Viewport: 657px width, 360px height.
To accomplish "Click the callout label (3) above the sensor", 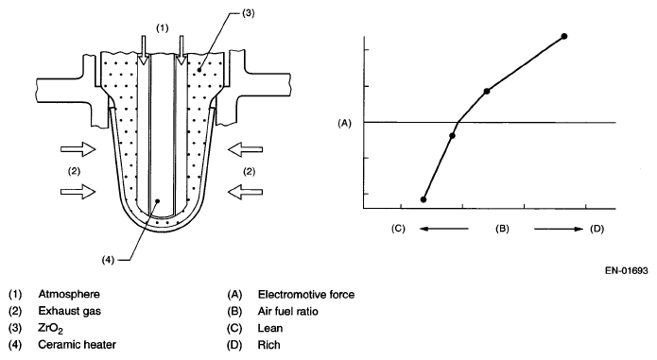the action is pos(249,13).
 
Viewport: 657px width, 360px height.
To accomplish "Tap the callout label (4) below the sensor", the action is pos(108,260).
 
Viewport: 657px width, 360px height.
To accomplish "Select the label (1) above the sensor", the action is pos(163,28).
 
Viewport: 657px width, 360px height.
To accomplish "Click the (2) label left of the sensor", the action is pos(74,171).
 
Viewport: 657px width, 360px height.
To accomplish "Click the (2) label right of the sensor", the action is pos(250,171).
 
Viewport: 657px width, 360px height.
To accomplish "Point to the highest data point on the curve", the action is pos(564,37).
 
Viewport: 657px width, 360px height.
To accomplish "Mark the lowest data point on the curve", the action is pos(424,199).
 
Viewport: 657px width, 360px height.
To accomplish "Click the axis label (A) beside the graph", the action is pos(344,123).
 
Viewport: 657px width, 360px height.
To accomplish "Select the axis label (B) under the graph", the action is pos(502,229).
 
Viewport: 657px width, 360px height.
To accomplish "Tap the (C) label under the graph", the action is pos(399,229).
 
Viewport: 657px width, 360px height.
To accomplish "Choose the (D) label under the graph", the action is pos(597,229).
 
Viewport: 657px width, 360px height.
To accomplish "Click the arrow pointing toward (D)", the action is pos(559,229).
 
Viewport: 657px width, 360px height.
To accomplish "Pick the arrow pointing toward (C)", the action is pos(443,229).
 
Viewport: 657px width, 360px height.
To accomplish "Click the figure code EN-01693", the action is pos(627,270).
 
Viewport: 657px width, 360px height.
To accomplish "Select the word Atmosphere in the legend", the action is pos(69,294).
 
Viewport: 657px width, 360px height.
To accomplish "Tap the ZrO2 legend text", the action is pos(51,329).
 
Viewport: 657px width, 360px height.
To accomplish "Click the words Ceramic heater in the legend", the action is pos(78,345).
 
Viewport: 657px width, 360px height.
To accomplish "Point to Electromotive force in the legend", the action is pos(306,295).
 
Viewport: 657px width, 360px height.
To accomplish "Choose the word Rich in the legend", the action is pos(269,345).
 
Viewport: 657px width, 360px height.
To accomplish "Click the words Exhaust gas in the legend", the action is pos(70,311).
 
